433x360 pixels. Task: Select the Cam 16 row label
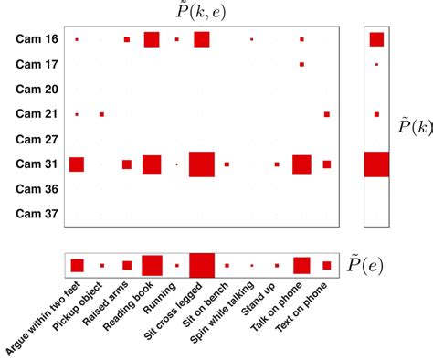point(37,39)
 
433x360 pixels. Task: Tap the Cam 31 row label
point(37,164)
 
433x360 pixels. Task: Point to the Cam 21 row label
point(37,114)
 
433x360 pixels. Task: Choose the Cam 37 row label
point(37,215)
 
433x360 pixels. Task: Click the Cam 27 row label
point(37,140)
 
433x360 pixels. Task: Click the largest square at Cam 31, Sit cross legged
point(201,164)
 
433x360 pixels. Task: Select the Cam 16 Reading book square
point(152,39)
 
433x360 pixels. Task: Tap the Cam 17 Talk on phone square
point(301,64)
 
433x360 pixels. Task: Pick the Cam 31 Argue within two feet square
point(77,164)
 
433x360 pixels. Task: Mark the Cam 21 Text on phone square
point(326,114)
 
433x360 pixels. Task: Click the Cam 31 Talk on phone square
point(301,164)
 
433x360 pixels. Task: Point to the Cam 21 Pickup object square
point(101,114)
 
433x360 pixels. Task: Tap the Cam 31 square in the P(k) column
point(375,164)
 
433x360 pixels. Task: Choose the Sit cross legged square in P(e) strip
point(201,265)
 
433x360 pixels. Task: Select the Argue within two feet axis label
point(46,320)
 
